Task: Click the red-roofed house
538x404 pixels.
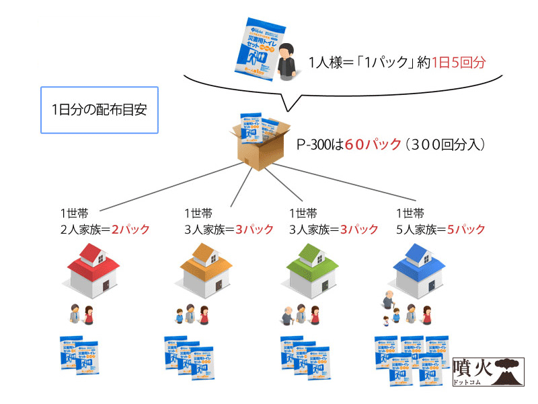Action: pyautogui.click(x=95, y=270)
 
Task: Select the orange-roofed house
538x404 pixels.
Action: pyautogui.click(x=202, y=270)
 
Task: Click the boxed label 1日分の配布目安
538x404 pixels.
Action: pyautogui.click(x=99, y=108)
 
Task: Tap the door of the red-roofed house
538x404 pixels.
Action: pyautogui.click(x=107, y=285)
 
